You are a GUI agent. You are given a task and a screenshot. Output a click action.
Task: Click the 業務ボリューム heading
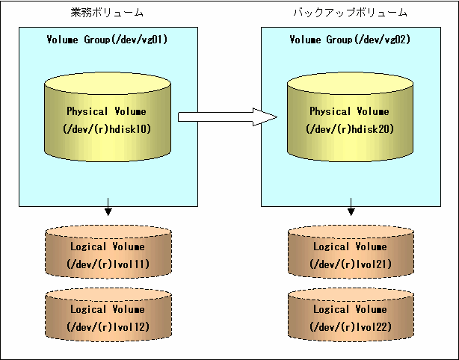pyautogui.click(x=107, y=13)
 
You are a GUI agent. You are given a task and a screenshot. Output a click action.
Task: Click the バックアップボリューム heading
pyautogui.click(x=351, y=13)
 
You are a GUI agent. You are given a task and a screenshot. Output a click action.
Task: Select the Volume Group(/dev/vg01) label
pyautogui.click(x=107, y=40)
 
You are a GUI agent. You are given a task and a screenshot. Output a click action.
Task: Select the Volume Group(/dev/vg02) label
pyautogui.click(x=350, y=40)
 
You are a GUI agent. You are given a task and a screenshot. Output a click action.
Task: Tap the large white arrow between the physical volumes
pyautogui.click(x=227, y=117)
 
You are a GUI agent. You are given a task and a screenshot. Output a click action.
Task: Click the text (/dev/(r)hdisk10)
pyautogui.click(x=107, y=129)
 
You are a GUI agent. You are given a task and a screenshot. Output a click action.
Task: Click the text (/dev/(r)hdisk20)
pyautogui.click(x=350, y=129)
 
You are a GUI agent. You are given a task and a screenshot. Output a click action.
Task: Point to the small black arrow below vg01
pyautogui.click(x=108, y=207)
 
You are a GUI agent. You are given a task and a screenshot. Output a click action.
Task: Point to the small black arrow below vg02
pyautogui.click(x=351, y=207)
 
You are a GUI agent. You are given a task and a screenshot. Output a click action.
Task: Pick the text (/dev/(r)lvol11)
pyautogui.click(x=108, y=264)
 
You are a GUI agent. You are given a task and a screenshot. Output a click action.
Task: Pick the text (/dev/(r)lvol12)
pyautogui.click(x=108, y=326)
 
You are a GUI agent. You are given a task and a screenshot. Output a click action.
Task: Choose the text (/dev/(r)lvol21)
pyautogui.click(x=351, y=264)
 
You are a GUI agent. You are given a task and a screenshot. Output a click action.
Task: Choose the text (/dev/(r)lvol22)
pyautogui.click(x=351, y=326)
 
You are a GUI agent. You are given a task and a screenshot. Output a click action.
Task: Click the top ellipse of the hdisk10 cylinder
pyautogui.click(x=108, y=84)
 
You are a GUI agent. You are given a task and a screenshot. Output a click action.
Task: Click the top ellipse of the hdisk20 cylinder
pyautogui.click(x=350, y=84)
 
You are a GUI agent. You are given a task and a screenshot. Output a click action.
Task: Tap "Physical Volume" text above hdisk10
pyautogui.click(x=107, y=111)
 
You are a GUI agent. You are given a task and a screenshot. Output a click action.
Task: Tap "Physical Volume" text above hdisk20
pyautogui.click(x=350, y=111)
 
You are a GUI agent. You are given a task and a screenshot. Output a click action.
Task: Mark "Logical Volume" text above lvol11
pyautogui.click(x=108, y=246)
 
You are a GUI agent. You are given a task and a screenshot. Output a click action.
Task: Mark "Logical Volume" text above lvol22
pyautogui.click(x=350, y=309)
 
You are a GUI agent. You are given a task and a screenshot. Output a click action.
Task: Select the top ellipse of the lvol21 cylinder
pyautogui.click(x=351, y=232)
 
